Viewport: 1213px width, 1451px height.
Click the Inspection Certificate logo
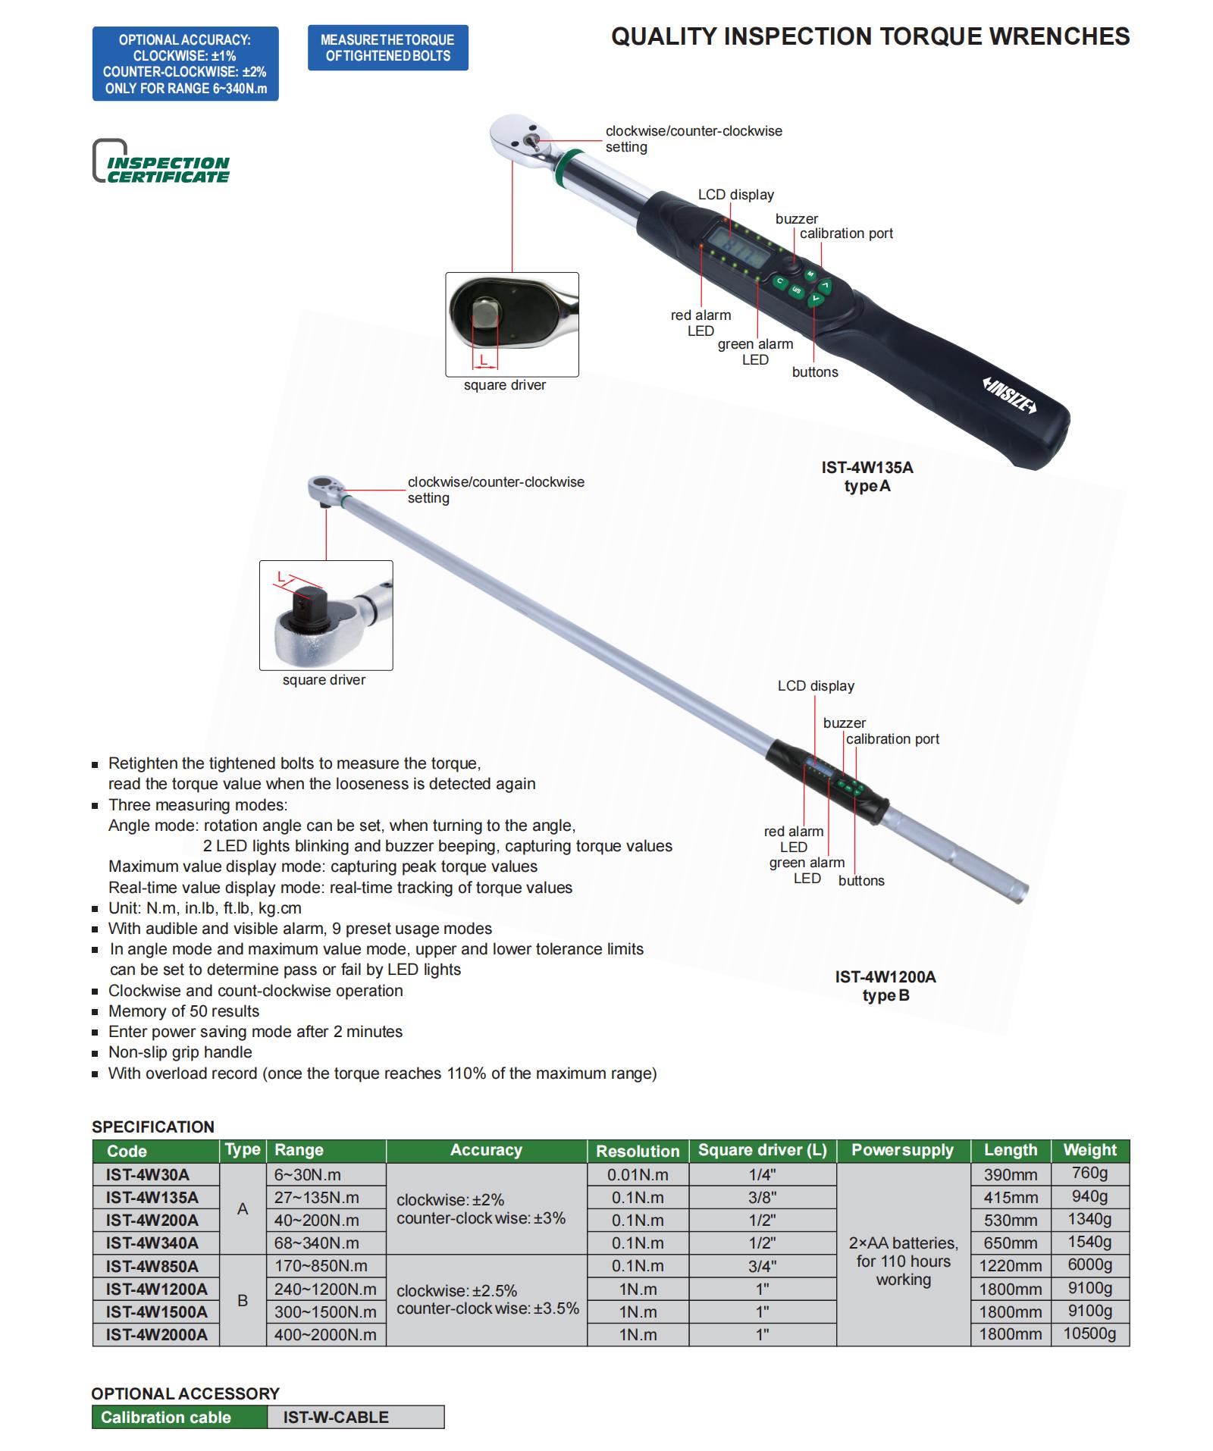pyautogui.click(x=161, y=162)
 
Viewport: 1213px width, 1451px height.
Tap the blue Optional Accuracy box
pyautogui.click(x=185, y=64)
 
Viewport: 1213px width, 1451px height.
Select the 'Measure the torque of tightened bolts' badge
pyautogui.click(x=387, y=48)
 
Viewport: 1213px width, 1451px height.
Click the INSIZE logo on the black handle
pyautogui.click(x=1009, y=395)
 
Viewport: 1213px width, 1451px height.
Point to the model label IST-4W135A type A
pyautogui.click(x=867, y=477)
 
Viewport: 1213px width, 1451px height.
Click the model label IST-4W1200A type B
pyautogui.click(x=885, y=986)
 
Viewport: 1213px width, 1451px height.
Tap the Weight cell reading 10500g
pyautogui.click(x=1089, y=1333)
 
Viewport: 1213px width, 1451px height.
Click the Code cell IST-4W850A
pyautogui.click(x=152, y=1266)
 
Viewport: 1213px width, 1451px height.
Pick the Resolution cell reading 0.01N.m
pyautogui.click(x=638, y=1175)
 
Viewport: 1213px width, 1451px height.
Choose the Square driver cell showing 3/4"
pyautogui.click(x=762, y=1266)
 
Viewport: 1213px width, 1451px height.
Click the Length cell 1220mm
pyautogui.click(x=1010, y=1266)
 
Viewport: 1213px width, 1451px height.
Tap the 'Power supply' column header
pyautogui.click(x=902, y=1151)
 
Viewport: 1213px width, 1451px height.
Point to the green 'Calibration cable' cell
pyautogui.click(x=179, y=1418)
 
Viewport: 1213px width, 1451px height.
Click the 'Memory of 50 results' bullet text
pyautogui.click(x=183, y=1011)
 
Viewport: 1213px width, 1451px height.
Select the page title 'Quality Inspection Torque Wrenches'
pyautogui.click(x=870, y=36)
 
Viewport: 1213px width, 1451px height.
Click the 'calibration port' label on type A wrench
pyautogui.click(x=846, y=233)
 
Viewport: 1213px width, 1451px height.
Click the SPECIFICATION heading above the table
pyautogui.click(x=153, y=1127)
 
